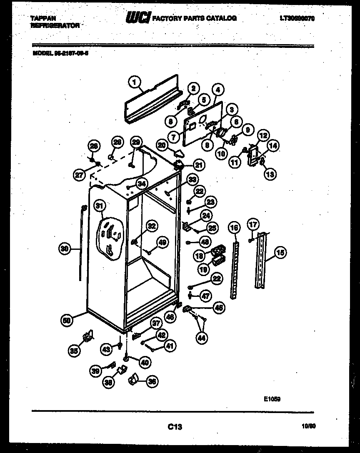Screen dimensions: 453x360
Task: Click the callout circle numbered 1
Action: click(x=135, y=82)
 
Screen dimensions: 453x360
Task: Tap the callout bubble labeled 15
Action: click(x=280, y=252)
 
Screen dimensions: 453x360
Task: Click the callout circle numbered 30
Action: click(x=63, y=249)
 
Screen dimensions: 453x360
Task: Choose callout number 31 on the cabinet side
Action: click(x=99, y=205)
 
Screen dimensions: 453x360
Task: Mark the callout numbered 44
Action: click(x=202, y=339)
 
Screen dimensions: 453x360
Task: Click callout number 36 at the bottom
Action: click(x=152, y=380)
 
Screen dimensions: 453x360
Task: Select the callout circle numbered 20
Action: click(x=162, y=145)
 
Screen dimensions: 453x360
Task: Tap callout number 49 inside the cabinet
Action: click(x=162, y=242)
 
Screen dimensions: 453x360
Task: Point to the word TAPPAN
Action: click(x=44, y=18)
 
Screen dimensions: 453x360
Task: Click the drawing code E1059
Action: click(x=272, y=398)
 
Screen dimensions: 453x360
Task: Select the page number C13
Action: click(x=175, y=426)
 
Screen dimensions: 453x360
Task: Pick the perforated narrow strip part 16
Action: click(x=235, y=266)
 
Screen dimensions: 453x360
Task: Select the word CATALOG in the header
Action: click(x=220, y=18)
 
